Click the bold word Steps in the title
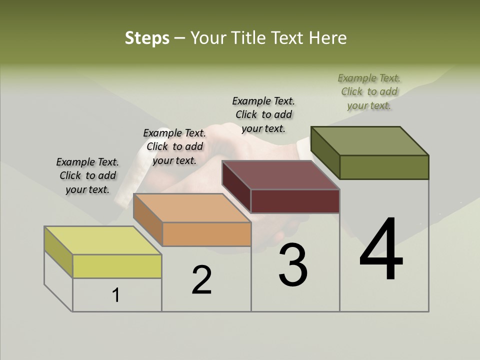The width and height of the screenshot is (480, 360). tap(147, 38)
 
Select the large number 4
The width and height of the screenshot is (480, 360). tap(381, 249)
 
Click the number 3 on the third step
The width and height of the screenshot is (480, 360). tap(292, 265)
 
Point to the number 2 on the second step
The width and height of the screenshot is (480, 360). tap(201, 280)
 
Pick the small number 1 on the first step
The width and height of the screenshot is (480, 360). tap(116, 295)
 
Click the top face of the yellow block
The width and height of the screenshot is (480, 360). tap(103, 240)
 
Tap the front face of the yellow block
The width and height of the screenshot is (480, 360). tap(117, 266)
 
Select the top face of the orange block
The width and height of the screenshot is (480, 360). tap(192, 207)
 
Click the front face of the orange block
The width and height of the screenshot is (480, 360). tap(206, 234)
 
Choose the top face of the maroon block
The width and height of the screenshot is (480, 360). tap(281, 175)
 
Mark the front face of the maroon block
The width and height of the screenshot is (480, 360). tap(295, 201)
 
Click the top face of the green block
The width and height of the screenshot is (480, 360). tap(370, 141)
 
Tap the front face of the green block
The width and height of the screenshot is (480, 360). tap(384, 167)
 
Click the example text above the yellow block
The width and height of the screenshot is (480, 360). tap(87, 175)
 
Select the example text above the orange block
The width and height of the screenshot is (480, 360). tap(174, 146)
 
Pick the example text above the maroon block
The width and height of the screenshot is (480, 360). tap(263, 114)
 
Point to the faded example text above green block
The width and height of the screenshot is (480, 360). tap(369, 91)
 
